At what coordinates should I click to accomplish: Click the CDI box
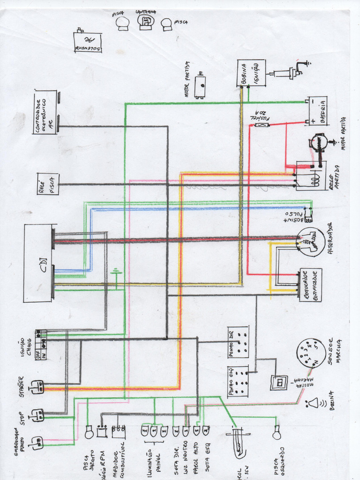coord(38,263)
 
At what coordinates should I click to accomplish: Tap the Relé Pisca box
coord(48,184)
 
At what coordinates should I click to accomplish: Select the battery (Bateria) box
coord(317,112)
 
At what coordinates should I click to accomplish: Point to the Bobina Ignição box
coord(251,73)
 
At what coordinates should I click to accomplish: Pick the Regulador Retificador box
coord(311,285)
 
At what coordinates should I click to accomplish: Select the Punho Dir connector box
coord(238,342)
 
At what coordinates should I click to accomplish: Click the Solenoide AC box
coord(87,42)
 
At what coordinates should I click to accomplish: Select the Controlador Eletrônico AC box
coord(45,112)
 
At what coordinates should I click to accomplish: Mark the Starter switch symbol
coord(37,387)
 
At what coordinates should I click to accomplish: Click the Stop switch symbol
coord(37,415)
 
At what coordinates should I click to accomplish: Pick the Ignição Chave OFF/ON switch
coord(41,345)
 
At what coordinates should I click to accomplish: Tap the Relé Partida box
coord(311,176)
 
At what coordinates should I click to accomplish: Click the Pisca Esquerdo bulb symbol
coord(277,435)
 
